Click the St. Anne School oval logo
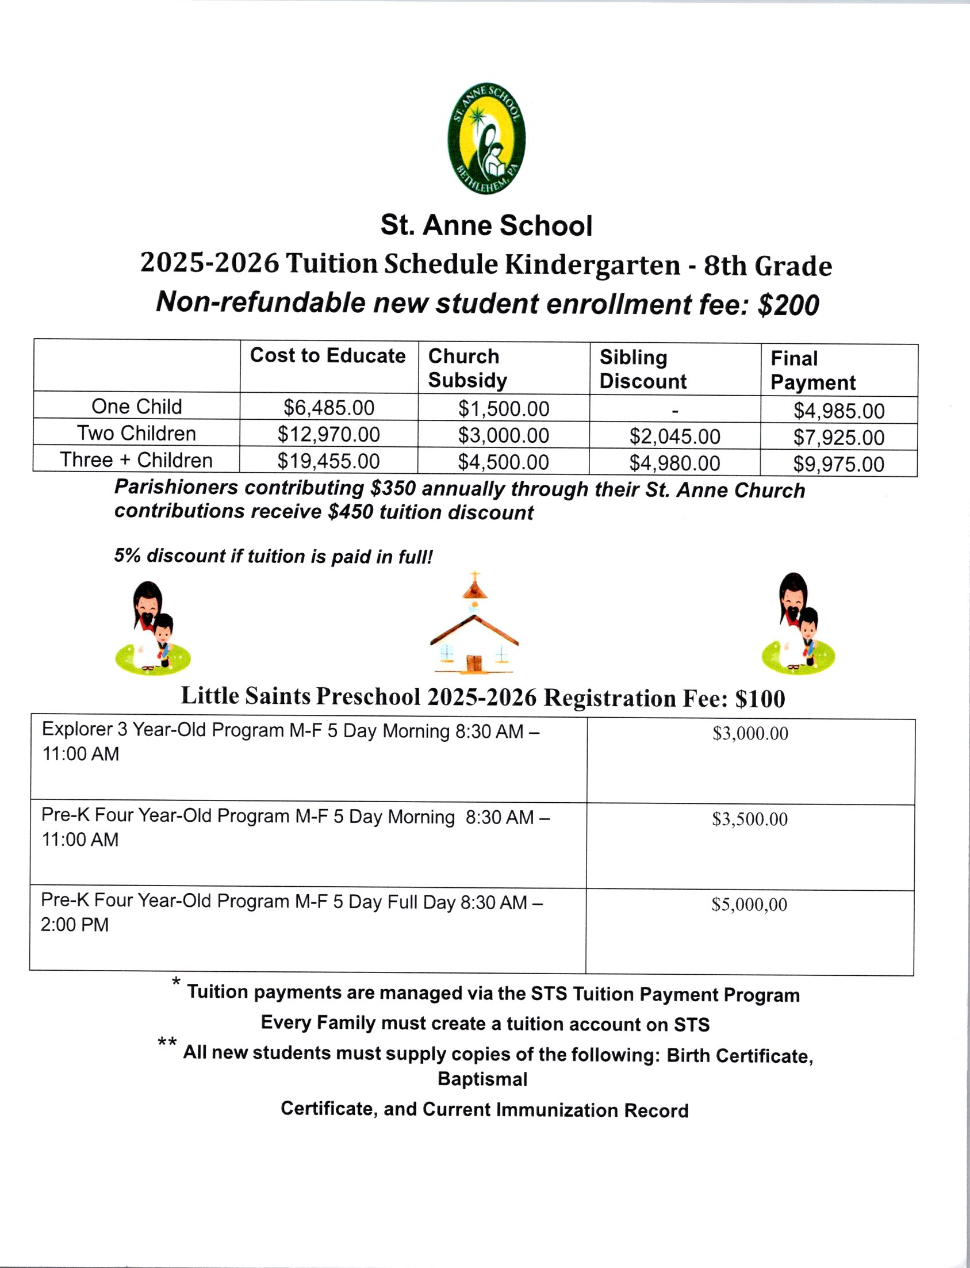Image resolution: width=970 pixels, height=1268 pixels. [x=486, y=139]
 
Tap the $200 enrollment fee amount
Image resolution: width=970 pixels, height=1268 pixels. [x=788, y=305]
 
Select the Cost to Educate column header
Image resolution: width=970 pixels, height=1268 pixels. [x=327, y=356]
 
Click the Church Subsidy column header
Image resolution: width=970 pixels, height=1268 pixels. [x=467, y=368]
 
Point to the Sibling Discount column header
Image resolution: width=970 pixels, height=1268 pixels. [x=643, y=369]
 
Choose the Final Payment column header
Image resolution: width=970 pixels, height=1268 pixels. [x=812, y=370]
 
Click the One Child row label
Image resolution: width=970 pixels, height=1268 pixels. [x=137, y=407]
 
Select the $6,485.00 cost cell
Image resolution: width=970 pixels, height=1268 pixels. [x=328, y=408]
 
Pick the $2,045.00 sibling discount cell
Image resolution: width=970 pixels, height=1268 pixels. [x=674, y=436]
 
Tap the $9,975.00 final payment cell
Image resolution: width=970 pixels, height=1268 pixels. [x=838, y=464]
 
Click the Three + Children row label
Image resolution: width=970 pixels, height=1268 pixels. [x=136, y=460]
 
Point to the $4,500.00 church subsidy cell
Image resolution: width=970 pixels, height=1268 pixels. [x=503, y=462]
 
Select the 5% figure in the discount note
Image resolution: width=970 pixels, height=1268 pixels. [x=127, y=556]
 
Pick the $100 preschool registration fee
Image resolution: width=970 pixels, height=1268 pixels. [x=759, y=699]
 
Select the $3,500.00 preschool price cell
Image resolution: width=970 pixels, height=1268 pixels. [x=749, y=819]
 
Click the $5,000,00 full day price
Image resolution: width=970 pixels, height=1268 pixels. [x=749, y=904]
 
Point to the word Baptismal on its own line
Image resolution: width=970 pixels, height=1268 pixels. [x=482, y=1079]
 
